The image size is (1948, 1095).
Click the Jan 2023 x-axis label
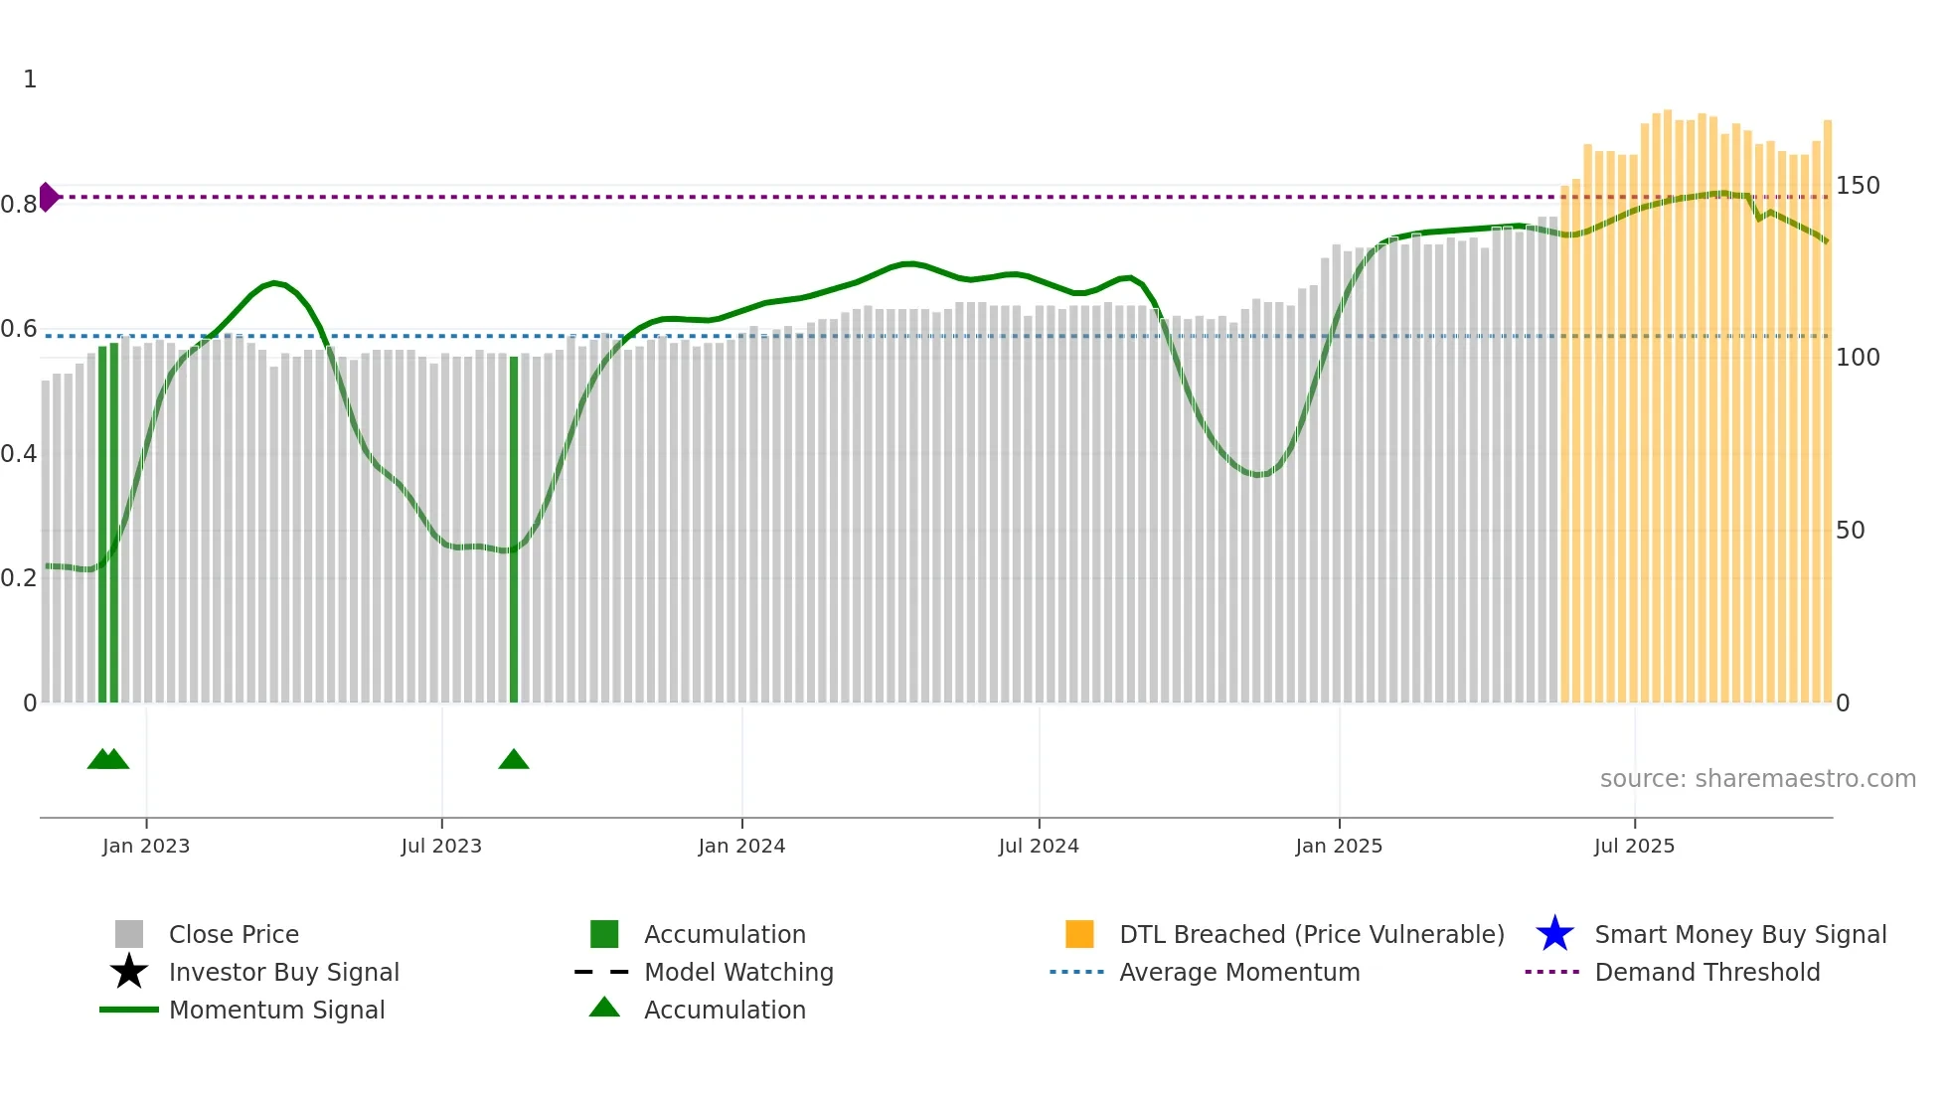tap(146, 846)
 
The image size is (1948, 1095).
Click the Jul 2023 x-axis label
tap(441, 846)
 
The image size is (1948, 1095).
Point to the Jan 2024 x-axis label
tap(741, 846)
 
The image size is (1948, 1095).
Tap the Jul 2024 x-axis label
tap(1039, 846)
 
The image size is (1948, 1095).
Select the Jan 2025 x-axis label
tap(1339, 846)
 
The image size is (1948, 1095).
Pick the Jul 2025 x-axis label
tap(1634, 846)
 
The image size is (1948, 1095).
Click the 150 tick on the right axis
tap(1858, 186)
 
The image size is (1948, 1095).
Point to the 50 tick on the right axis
tap(1851, 531)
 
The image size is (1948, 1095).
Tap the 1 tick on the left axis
tap(30, 79)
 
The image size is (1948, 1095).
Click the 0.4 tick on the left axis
tap(19, 454)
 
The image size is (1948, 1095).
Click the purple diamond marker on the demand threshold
tap(48, 197)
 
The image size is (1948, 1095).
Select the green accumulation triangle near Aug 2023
tap(514, 760)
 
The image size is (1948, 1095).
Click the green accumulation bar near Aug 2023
tap(514, 527)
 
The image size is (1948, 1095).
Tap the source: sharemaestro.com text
tap(1757, 779)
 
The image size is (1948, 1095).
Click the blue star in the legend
tap(1554, 934)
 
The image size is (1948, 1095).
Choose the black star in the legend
tap(129, 972)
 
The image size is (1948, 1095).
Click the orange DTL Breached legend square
tap(1079, 934)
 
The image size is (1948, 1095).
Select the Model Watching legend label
tap(738, 972)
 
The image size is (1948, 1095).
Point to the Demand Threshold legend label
tap(1706, 972)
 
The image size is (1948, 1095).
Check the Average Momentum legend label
tap(1239, 972)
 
